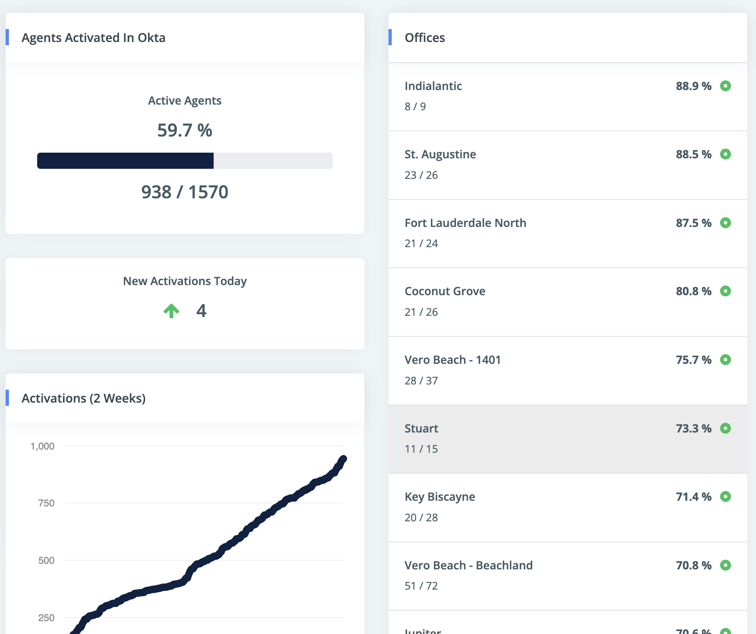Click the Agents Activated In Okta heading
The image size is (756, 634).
[93, 38]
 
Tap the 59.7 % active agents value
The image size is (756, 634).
[185, 130]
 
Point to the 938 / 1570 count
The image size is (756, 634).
[185, 192]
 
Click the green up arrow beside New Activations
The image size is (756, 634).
[171, 311]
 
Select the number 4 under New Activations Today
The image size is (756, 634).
[201, 311]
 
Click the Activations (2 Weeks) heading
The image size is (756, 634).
[84, 398]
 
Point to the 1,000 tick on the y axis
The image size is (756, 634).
[42, 446]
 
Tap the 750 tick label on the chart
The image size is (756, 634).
[46, 503]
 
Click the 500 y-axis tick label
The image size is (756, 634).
[46, 561]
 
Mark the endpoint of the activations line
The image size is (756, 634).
[343, 459]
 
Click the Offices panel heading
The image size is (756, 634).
[424, 38]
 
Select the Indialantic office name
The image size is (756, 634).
[433, 86]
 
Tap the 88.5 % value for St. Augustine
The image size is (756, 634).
[693, 154]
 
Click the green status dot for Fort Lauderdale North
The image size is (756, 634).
[725, 223]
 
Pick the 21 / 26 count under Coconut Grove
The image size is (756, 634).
[421, 312]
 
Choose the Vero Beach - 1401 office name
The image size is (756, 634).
[452, 360]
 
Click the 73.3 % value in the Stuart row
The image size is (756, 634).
[693, 428]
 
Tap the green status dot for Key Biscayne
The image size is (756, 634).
[725, 497]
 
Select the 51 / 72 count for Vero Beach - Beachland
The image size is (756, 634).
[421, 586]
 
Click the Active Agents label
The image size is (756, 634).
[185, 101]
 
